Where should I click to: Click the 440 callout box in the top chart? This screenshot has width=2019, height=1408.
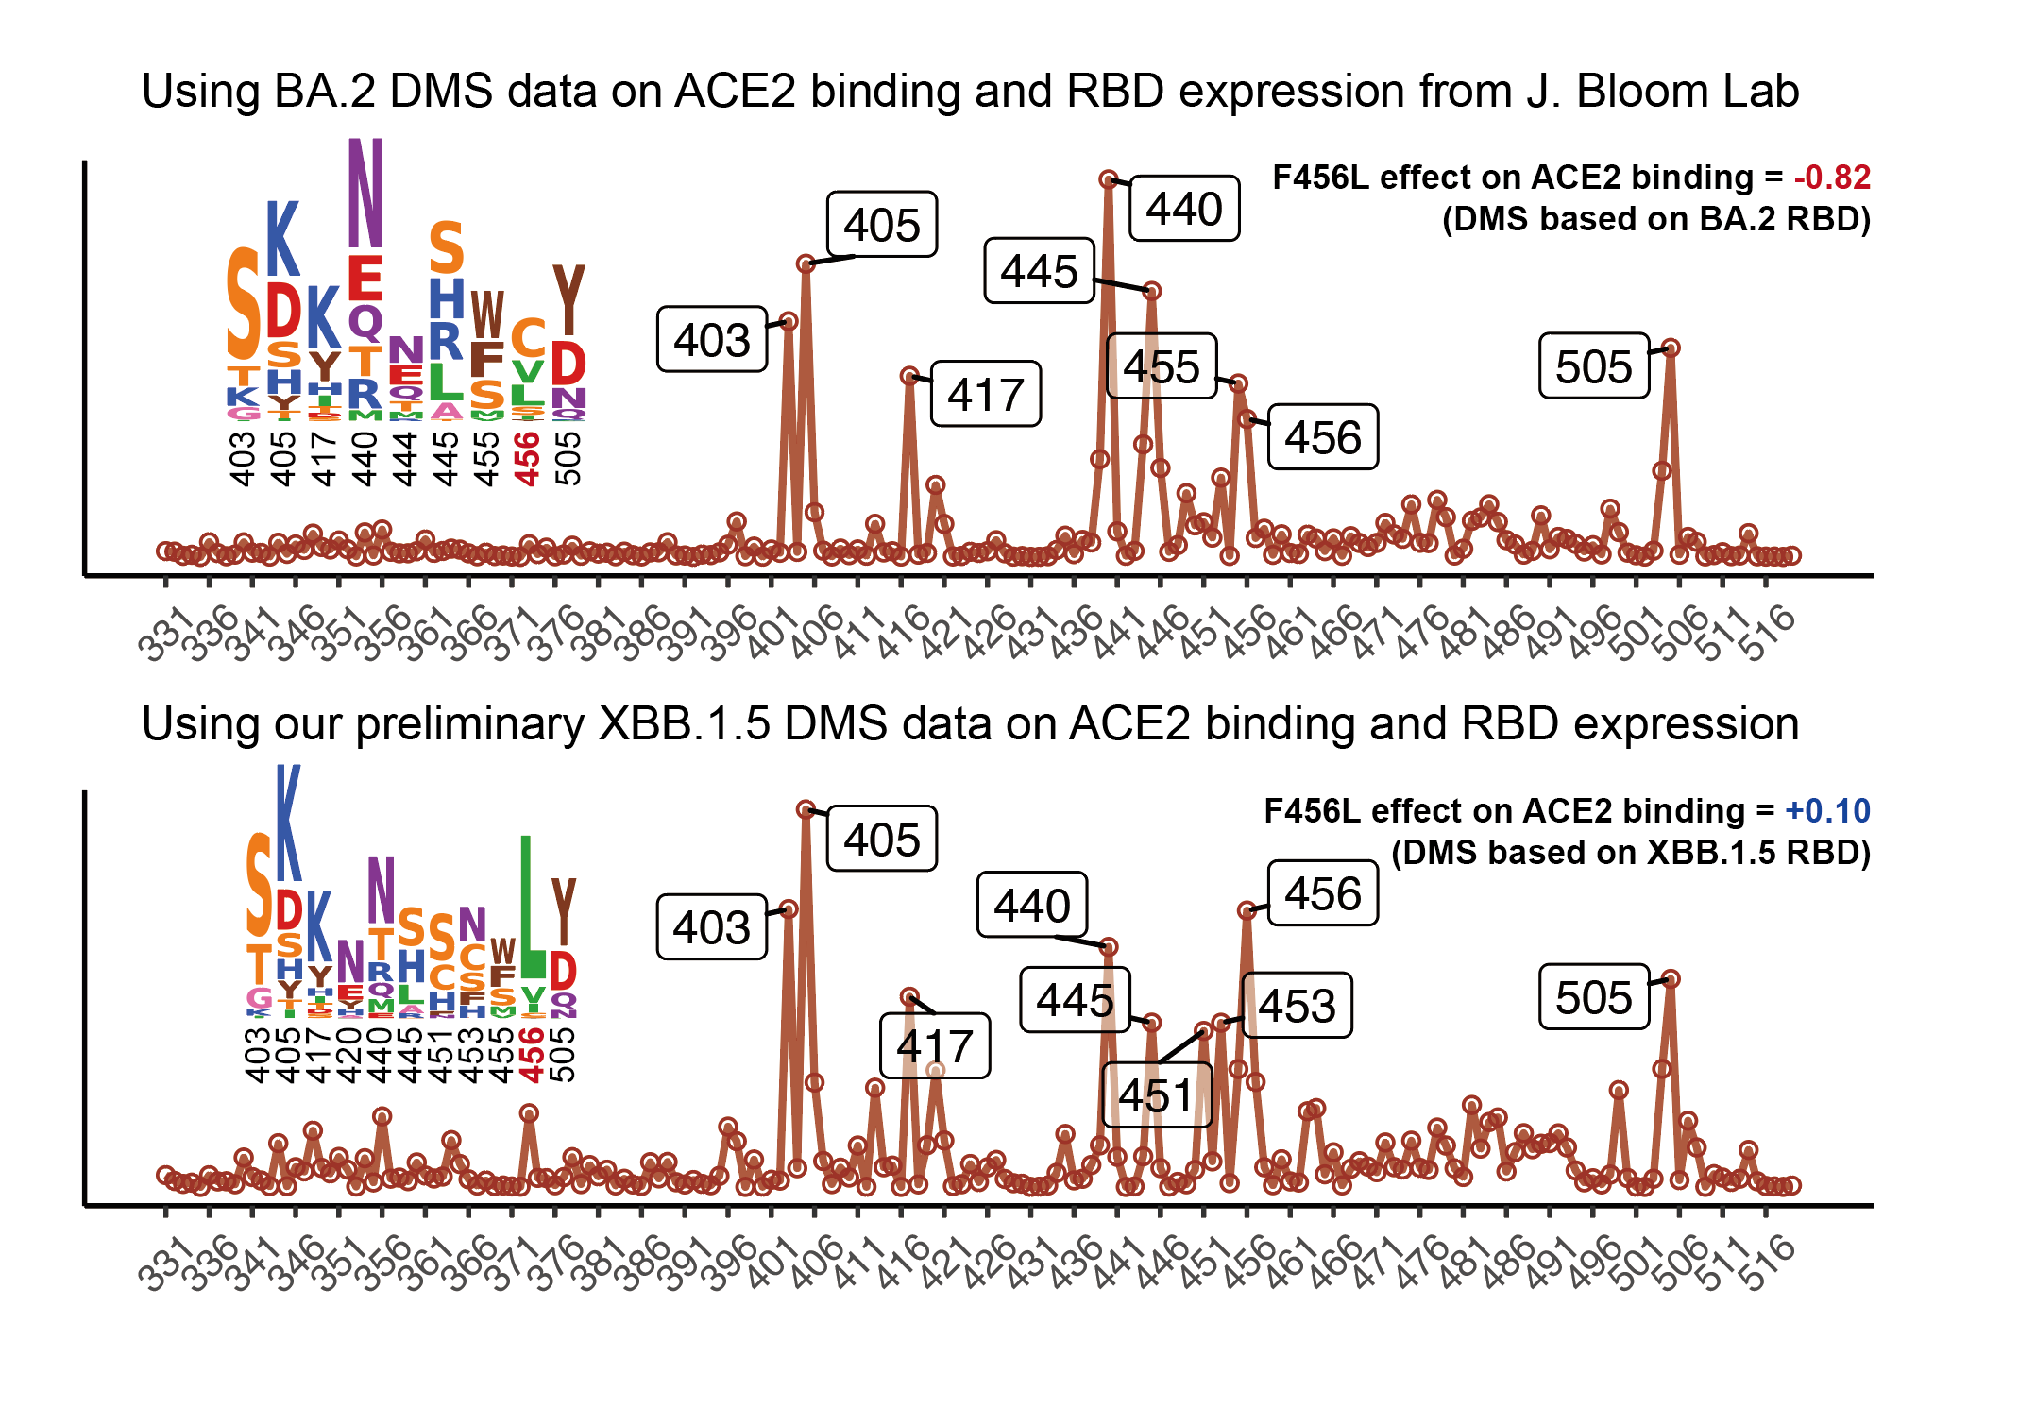[1184, 209]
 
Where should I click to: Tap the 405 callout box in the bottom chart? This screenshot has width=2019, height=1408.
[882, 839]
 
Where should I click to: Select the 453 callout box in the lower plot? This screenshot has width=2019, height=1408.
[1297, 1006]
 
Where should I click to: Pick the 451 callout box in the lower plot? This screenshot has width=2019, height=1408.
[1157, 1095]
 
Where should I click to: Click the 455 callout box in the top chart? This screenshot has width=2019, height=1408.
[1162, 366]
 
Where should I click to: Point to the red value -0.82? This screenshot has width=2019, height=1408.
[1832, 178]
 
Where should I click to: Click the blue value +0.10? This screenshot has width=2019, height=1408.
[1827, 811]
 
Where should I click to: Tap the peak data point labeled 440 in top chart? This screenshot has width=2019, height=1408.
[1109, 179]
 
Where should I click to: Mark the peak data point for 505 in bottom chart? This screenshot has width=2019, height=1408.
[1671, 979]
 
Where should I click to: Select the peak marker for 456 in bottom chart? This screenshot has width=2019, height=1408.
[1247, 910]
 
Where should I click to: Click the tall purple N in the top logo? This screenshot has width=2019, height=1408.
[365, 193]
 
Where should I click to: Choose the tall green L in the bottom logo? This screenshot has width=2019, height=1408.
[533, 907]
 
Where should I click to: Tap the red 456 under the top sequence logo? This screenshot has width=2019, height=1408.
[527, 459]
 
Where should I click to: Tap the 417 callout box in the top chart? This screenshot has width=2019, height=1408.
[986, 395]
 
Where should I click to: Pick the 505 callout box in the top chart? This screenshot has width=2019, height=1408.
[1594, 366]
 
